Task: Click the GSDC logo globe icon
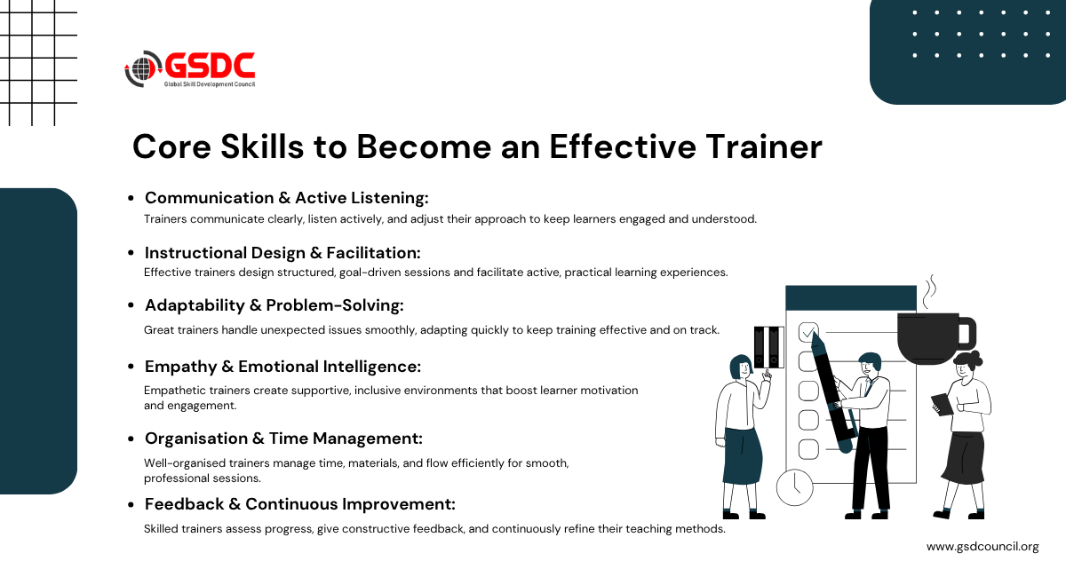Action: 141,69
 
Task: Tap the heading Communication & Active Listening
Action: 286,198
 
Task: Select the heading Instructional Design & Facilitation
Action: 282,253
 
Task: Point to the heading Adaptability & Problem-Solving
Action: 274,305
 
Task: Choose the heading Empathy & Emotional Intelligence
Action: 282,367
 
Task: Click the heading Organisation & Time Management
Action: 283,439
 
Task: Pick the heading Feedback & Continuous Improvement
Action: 300,504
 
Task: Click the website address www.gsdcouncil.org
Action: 982,547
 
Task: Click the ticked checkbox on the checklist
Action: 808,331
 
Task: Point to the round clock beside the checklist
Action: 794,487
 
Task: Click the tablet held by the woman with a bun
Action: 943,404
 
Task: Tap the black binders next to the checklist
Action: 768,347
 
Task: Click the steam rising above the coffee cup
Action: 929,291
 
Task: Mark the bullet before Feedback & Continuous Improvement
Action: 131,505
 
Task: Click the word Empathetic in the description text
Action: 172,391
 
